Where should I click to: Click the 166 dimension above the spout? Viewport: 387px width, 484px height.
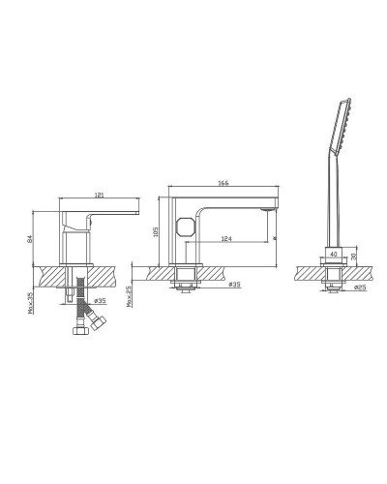223,183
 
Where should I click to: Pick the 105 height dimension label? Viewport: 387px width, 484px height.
155,231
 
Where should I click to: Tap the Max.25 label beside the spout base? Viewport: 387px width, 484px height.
130,294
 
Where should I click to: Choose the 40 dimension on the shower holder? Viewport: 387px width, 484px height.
335,255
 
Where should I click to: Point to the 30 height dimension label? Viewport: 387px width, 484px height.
354,258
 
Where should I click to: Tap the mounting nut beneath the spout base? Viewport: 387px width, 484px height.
186,285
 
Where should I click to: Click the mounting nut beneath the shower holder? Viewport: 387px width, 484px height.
332,285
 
